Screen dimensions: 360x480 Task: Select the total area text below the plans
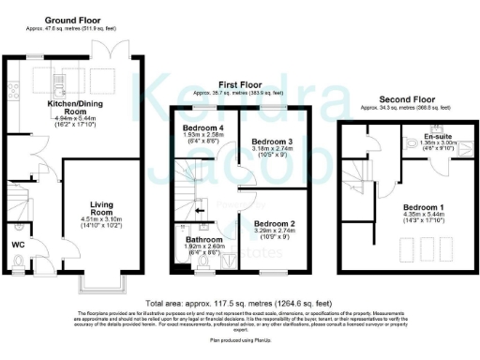click(239, 303)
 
